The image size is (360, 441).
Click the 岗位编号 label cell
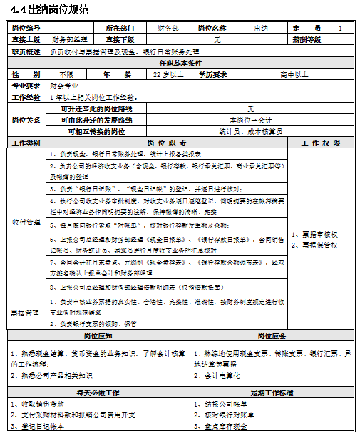26,28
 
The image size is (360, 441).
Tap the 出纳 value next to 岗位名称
261,28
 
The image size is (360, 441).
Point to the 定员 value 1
340,28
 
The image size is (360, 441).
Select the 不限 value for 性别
66,74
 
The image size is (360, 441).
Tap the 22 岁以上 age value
168,74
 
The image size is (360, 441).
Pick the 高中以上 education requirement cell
294,74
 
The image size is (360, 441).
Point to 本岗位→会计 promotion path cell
250,120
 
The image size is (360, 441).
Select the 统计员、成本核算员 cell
250,131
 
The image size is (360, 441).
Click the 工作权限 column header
320,143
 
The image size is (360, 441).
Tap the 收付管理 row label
26,222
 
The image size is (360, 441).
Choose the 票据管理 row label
26,312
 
